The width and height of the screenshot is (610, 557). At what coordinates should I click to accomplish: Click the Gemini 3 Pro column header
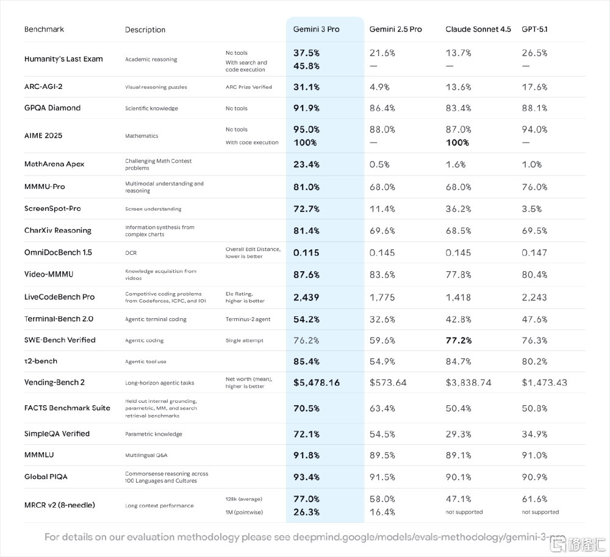[x=317, y=29]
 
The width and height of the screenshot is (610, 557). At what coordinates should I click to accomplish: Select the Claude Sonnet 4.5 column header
[x=478, y=29]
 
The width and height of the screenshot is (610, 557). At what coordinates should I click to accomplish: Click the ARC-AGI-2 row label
[x=45, y=87]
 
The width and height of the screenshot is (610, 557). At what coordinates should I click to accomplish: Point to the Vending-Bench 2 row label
[x=54, y=383]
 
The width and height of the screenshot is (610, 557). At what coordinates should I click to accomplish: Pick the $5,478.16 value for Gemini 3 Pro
[x=317, y=383]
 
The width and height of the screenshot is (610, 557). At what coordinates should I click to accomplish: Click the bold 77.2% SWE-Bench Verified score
[x=459, y=340]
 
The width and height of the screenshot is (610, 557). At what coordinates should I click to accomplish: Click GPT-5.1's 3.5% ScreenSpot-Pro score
[x=531, y=208]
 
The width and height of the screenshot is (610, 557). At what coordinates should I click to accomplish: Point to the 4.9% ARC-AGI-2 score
[x=379, y=87]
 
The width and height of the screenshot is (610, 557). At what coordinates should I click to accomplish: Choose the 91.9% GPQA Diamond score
[x=307, y=108]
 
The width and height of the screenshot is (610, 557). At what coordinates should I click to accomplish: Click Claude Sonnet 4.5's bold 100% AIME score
[x=457, y=143]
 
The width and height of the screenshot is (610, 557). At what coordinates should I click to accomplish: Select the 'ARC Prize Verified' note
[x=249, y=87]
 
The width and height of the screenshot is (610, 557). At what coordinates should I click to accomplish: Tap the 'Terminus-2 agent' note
[x=248, y=319]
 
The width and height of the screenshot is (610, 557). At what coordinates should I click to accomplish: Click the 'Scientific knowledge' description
[x=151, y=108]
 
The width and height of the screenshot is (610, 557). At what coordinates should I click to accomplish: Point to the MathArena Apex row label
[x=54, y=164]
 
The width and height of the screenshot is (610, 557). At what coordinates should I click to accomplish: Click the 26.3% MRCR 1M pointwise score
[x=307, y=512]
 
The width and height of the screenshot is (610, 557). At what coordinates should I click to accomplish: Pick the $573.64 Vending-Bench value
[x=388, y=383]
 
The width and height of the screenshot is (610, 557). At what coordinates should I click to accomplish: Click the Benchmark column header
[x=44, y=29]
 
